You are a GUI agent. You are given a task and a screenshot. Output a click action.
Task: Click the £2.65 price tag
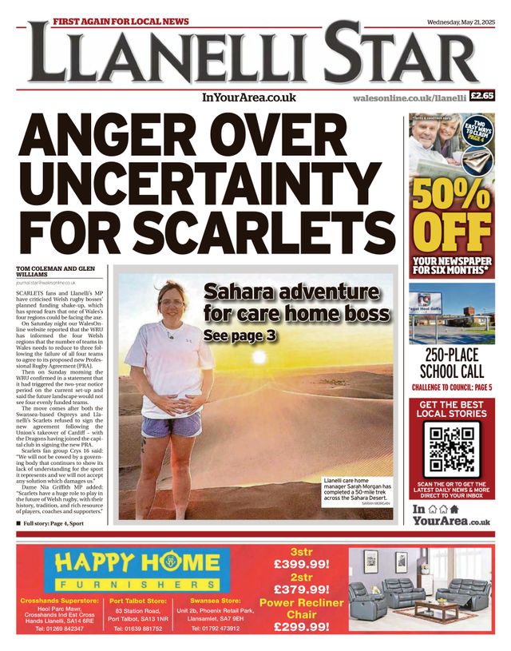(x=483, y=97)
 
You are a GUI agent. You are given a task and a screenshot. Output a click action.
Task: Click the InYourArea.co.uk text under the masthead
(x=249, y=97)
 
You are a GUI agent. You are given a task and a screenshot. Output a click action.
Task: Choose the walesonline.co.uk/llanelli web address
(x=409, y=97)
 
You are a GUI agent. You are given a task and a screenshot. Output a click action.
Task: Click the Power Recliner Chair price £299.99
(x=301, y=627)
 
